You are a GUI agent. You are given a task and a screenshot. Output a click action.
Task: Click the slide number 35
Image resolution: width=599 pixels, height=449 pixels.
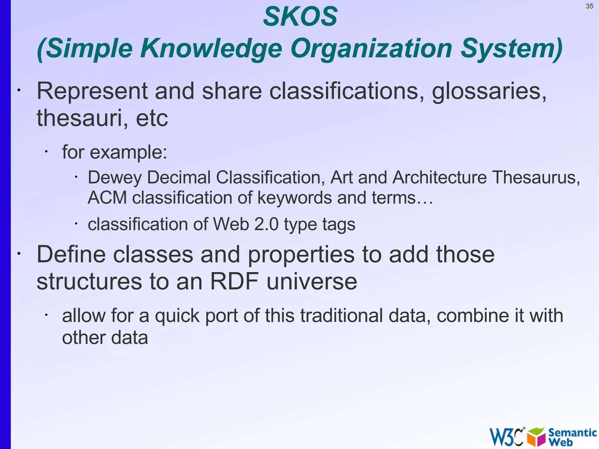pyautogui.click(x=589, y=6)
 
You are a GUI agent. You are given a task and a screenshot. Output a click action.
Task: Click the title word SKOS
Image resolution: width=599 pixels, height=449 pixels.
pyautogui.click(x=300, y=17)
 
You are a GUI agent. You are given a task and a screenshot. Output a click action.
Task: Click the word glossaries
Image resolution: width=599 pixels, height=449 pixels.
pyautogui.click(x=489, y=91)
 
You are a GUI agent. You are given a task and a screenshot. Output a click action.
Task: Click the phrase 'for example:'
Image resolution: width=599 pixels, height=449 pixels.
pyautogui.click(x=114, y=152)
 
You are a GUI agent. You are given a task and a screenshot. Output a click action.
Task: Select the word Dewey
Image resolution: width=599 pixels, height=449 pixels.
pyautogui.click(x=115, y=178)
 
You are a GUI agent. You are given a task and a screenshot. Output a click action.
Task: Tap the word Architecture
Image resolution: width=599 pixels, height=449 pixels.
pyautogui.click(x=440, y=177)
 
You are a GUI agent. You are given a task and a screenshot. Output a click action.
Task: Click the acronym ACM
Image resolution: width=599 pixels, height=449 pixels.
pyautogui.click(x=107, y=198)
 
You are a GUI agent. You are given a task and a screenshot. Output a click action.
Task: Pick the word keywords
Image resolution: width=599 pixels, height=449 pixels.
pyautogui.click(x=295, y=198)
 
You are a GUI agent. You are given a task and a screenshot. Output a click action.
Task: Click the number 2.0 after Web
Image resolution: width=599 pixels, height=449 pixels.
pyautogui.click(x=266, y=224)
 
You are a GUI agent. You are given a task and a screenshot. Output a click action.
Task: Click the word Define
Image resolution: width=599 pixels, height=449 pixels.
pyautogui.click(x=71, y=254)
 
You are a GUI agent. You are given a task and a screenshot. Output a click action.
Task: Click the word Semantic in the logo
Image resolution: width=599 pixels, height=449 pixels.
pyautogui.click(x=572, y=433)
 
